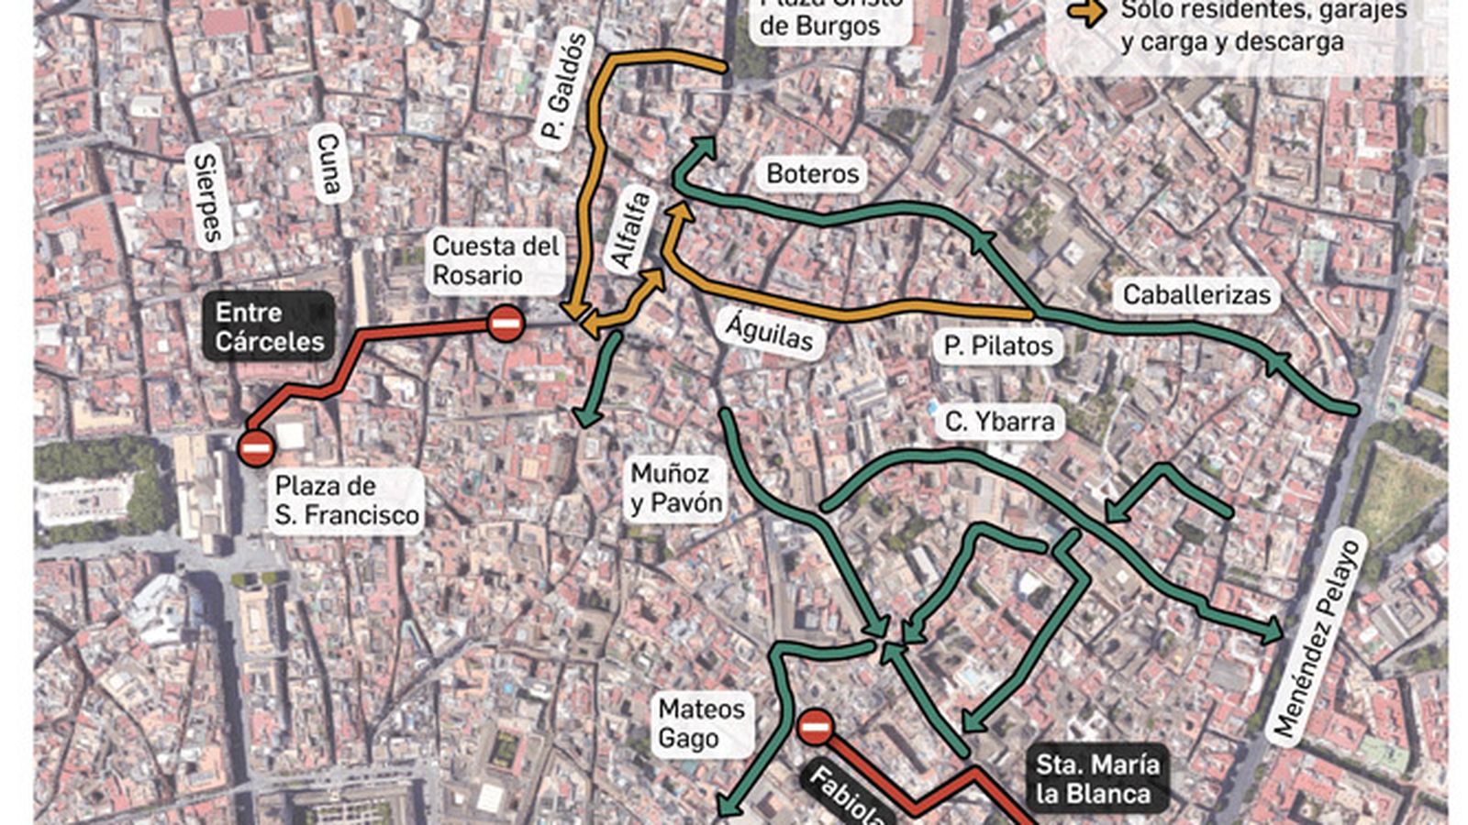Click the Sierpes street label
(x=209, y=199)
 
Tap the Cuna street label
(x=328, y=166)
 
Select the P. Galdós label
(x=562, y=90)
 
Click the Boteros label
(x=812, y=174)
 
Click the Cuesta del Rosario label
(x=495, y=260)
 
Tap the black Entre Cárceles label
(x=269, y=326)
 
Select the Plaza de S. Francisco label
(x=347, y=500)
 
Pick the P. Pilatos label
(x=998, y=346)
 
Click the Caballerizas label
(x=1196, y=295)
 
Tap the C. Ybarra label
(x=999, y=422)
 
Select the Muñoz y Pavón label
(x=676, y=488)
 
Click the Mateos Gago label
(x=702, y=723)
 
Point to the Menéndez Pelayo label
(x=1316, y=640)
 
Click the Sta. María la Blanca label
(x=1096, y=779)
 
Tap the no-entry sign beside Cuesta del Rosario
(x=506, y=323)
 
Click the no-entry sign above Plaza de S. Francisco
(x=255, y=448)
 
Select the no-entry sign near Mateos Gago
(x=814, y=728)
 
